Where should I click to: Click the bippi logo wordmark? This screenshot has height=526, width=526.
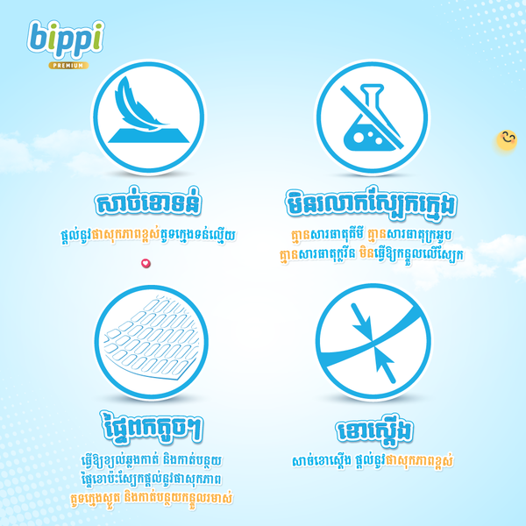(66, 39)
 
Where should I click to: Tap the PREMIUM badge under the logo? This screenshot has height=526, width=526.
(68, 66)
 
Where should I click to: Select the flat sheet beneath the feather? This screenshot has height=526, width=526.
(149, 135)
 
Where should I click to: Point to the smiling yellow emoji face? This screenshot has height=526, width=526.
(507, 140)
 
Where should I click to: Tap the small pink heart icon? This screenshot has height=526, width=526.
(146, 263)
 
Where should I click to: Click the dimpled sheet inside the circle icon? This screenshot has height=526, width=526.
(152, 339)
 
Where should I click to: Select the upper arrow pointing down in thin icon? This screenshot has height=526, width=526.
(361, 322)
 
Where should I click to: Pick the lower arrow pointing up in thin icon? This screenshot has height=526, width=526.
(385, 366)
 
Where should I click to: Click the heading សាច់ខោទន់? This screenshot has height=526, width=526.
(148, 203)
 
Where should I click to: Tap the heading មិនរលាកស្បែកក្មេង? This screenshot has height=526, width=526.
(371, 203)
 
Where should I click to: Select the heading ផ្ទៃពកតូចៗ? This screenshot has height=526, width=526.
(152, 428)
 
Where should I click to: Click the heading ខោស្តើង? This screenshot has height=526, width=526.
(374, 430)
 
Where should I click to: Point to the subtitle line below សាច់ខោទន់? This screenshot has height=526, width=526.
(148, 235)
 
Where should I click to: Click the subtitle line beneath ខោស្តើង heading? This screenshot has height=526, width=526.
(373, 462)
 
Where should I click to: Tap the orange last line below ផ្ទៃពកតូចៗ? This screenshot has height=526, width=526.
(152, 498)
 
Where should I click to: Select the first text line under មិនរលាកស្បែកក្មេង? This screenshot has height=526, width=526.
(372, 234)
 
